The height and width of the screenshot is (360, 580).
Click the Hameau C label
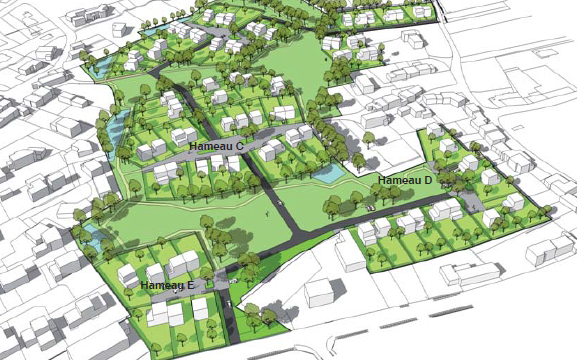pos(217,146)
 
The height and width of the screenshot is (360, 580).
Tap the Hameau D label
pos(405,180)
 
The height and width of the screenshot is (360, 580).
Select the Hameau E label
pos(167,285)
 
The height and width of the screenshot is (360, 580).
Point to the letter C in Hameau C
pos(240,146)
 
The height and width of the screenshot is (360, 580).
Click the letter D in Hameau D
pos(428,180)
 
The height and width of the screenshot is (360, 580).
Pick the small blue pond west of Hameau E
pos(92,231)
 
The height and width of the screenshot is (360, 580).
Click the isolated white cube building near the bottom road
pos(319,291)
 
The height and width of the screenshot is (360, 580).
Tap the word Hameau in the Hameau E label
pos(160,285)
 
